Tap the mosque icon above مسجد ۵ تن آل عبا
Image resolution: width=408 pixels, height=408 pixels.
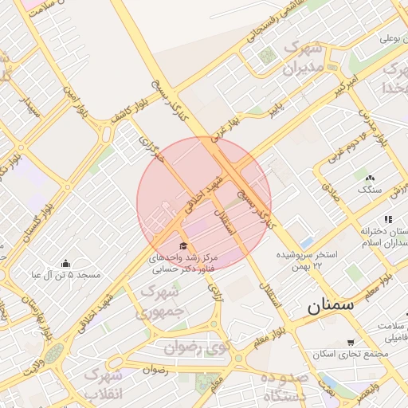pos(65,264)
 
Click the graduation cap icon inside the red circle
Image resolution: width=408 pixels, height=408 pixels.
pos(184,246)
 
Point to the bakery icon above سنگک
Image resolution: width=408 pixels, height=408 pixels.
pos(369,178)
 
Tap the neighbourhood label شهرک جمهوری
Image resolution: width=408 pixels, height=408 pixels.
pos(162,302)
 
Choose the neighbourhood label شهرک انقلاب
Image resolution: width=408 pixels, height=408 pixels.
pos(106,383)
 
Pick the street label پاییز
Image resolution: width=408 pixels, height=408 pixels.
pos(275,109)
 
